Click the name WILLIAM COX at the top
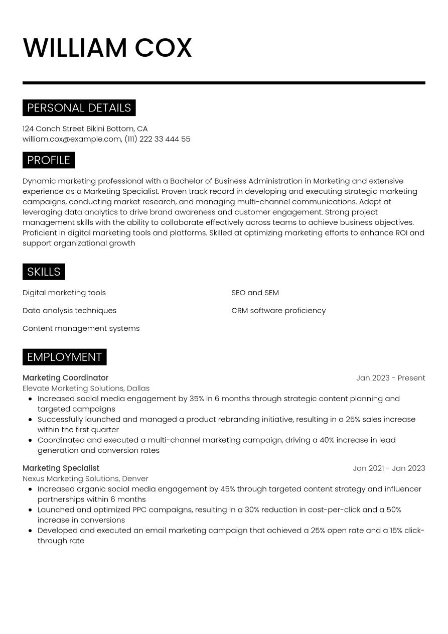(x=107, y=48)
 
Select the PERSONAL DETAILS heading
(x=79, y=108)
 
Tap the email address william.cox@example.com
(x=72, y=139)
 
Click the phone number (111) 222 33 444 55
(x=158, y=139)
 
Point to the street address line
(x=85, y=129)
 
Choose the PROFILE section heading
(x=49, y=160)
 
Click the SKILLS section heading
(x=44, y=272)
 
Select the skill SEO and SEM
(x=255, y=293)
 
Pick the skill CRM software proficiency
(x=278, y=311)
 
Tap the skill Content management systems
(x=81, y=328)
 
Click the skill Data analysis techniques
(x=69, y=311)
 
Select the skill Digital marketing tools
(x=64, y=293)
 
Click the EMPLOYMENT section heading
(x=64, y=357)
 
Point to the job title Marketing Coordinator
(x=65, y=378)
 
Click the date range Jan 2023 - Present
(x=390, y=378)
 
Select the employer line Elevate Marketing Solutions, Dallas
(x=86, y=389)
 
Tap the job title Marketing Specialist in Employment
(x=61, y=468)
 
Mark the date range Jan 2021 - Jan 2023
(x=389, y=468)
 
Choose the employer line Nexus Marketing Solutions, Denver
(x=85, y=479)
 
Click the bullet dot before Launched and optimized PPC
(x=31, y=510)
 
